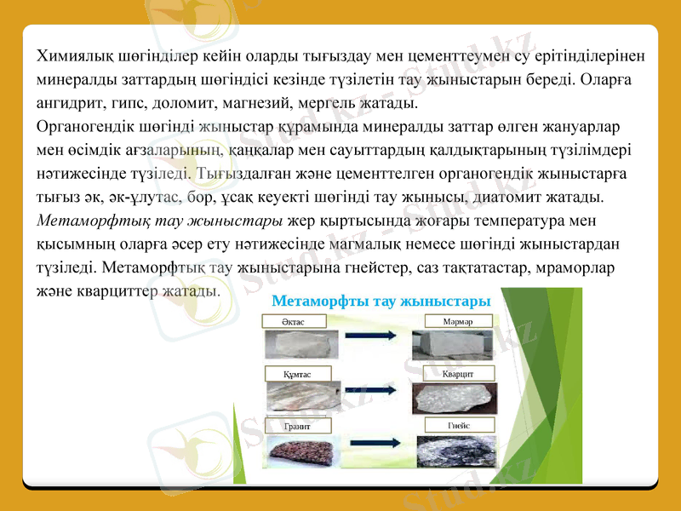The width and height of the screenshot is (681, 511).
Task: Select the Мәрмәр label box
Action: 459,322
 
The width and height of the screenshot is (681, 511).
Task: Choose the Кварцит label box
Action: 459,373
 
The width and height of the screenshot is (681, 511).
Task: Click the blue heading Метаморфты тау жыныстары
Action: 381,301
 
